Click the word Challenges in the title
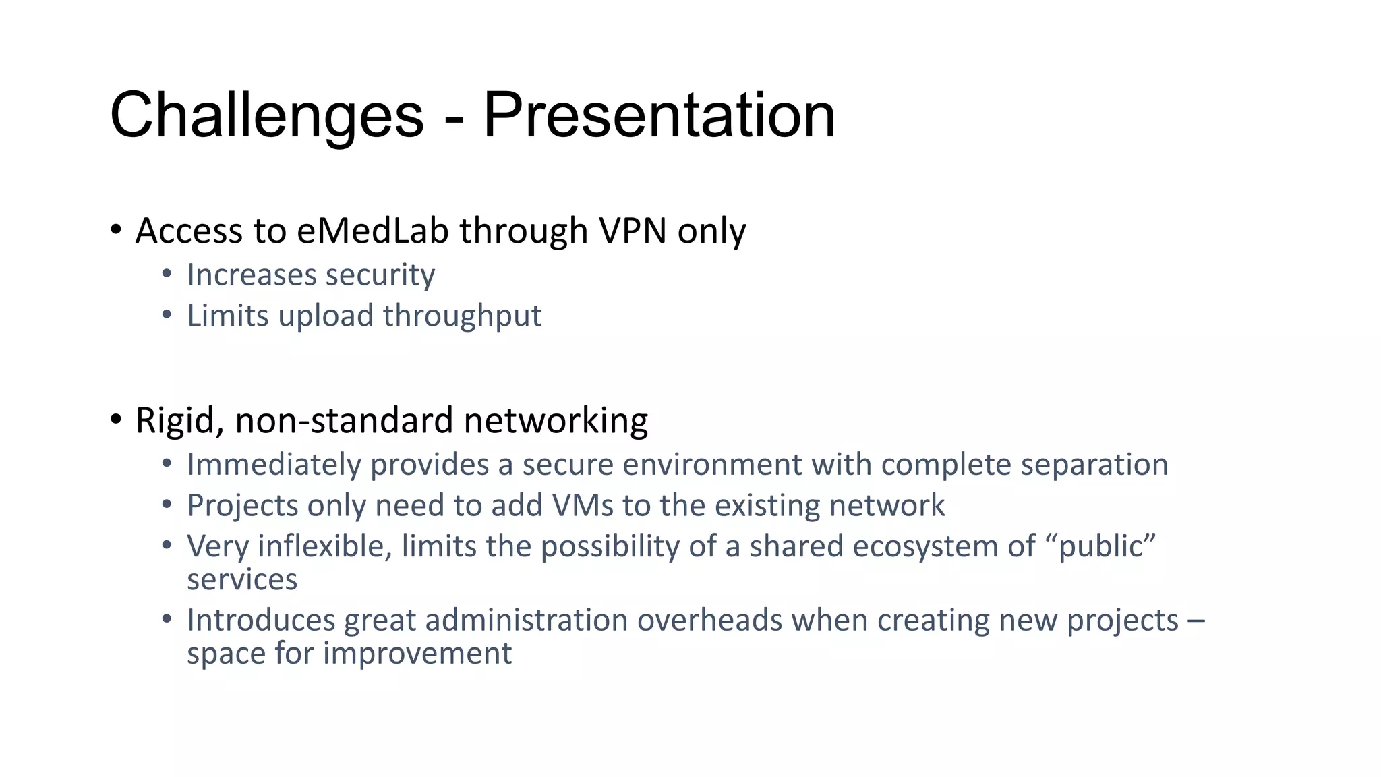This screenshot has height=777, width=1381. (x=266, y=116)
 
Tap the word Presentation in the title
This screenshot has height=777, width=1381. (x=659, y=116)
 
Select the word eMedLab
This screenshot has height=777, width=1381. (x=372, y=231)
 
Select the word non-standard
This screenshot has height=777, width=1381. (x=344, y=421)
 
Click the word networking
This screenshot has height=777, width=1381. (x=556, y=422)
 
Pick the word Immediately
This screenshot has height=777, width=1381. (x=274, y=465)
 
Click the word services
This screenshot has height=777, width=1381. (x=242, y=580)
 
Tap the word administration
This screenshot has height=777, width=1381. (x=526, y=621)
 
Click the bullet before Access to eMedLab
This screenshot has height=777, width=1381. (x=116, y=231)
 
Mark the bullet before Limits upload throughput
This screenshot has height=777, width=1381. (x=167, y=315)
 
